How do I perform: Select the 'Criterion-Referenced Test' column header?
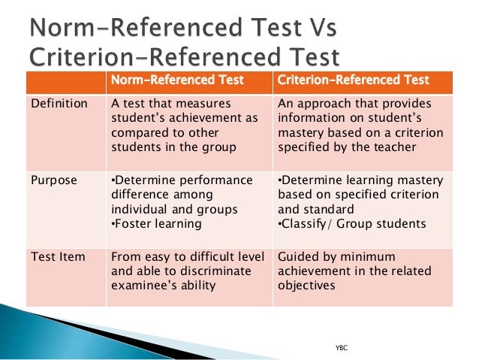coord(353,80)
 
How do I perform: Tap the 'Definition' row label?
coord(59,103)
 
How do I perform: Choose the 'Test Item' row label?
coord(57,257)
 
